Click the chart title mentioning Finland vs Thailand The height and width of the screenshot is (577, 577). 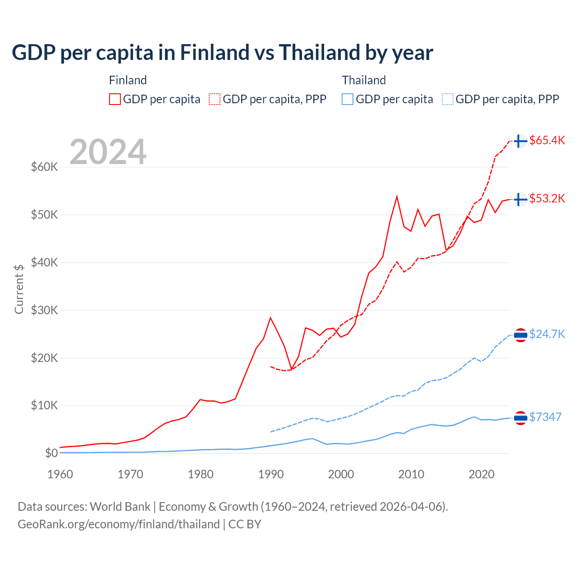pyautogui.click(x=222, y=53)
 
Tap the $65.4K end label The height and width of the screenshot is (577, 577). pyautogui.click(x=547, y=140)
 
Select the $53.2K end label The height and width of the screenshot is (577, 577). pyautogui.click(x=547, y=198)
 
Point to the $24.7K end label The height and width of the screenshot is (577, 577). pyautogui.click(x=547, y=334)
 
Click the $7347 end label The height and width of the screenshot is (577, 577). pyautogui.click(x=545, y=417)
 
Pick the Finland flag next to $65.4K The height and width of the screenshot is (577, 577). pyautogui.click(x=520, y=141)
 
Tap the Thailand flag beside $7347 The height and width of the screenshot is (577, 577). pyautogui.click(x=520, y=418)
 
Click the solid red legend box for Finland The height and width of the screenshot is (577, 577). pyautogui.click(x=115, y=99)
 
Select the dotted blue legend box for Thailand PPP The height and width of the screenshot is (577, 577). pyautogui.click(x=448, y=99)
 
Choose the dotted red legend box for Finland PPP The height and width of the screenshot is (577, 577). pyautogui.click(x=215, y=99)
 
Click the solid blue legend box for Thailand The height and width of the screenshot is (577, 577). pyautogui.click(x=348, y=99)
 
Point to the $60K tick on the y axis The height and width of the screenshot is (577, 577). pyautogui.click(x=44, y=167)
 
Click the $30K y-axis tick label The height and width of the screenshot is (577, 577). pyautogui.click(x=44, y=310)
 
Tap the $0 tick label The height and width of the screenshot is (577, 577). pyautogui.click(x=51, y=453)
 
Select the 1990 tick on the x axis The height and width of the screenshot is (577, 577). pyautogui.click(x=271, y=474)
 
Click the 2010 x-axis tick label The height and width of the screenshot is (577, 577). pyautogui.click(x=411, y=474)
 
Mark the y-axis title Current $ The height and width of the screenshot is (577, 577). pyautogui.click(x=19, y=288)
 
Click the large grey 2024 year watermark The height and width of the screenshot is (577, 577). pyautogui.click(x=108, y=152)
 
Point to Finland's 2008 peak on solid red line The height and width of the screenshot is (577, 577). pyautogui.click(x=397, y=197)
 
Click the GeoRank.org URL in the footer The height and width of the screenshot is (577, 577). pyautogui.click(x=119, y=524)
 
